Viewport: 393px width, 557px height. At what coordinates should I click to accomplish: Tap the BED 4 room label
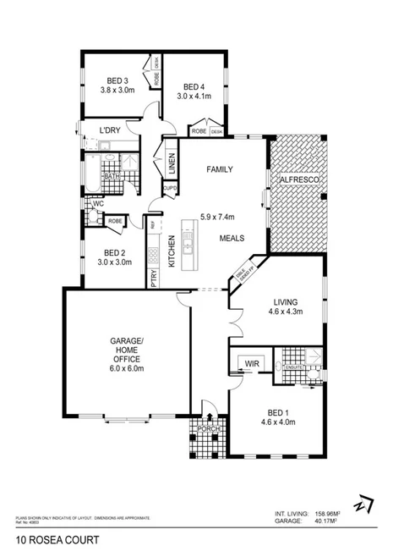pyautogui.click(x=194, y=86)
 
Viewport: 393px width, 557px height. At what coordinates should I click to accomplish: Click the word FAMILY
pyautogui.click(x=220, y=169)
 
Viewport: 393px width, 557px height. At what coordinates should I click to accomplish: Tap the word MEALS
pyautogui.click(x=232, y=239)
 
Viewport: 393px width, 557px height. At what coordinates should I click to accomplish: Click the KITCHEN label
pyautogui.click(x=171, y=251)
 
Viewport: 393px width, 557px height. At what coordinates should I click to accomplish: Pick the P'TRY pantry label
pyautogui.click(x=153, y=278)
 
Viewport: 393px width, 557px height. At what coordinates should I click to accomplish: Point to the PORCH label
pyautogui.click(x=208, y=429)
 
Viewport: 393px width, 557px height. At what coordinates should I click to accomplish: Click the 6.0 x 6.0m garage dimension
pyautogui.click(x=128, y=368)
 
